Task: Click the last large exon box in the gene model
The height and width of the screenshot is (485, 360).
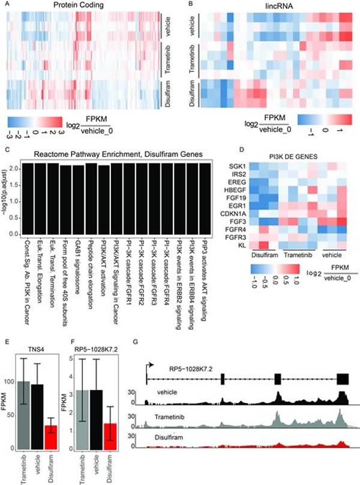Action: [343, 379]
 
